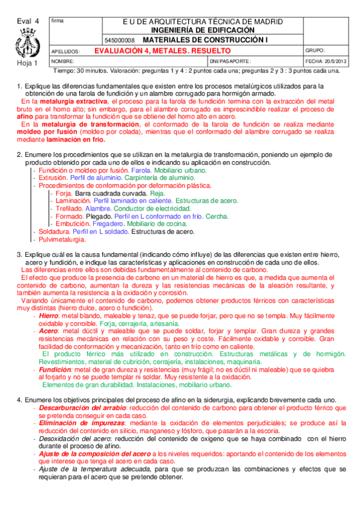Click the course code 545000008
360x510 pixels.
120,40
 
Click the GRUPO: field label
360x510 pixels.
316,51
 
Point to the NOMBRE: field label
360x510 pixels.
63,61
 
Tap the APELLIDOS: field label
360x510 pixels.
66,52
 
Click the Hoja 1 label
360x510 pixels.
27,63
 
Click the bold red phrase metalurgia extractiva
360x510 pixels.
69,102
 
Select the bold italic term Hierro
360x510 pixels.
49,316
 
